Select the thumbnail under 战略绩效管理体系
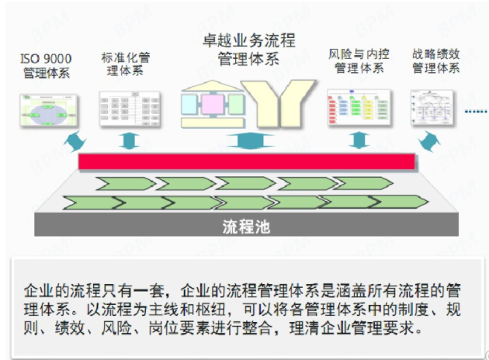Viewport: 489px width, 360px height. point(435,108)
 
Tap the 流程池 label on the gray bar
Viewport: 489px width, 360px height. point(246,227)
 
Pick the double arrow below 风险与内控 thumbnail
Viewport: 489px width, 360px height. point(358,140)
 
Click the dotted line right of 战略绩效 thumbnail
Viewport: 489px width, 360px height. point(475,112)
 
